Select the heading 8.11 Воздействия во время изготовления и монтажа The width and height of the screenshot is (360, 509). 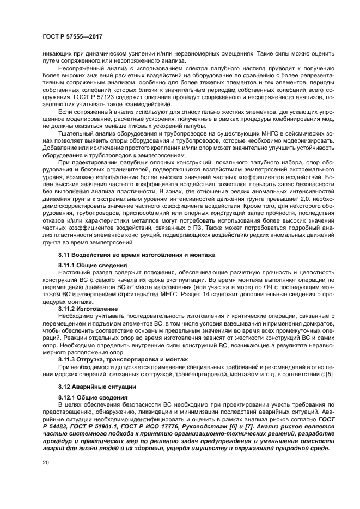tap(137, 255)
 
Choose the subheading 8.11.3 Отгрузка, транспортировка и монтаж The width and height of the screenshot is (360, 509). tap(122, 359)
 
